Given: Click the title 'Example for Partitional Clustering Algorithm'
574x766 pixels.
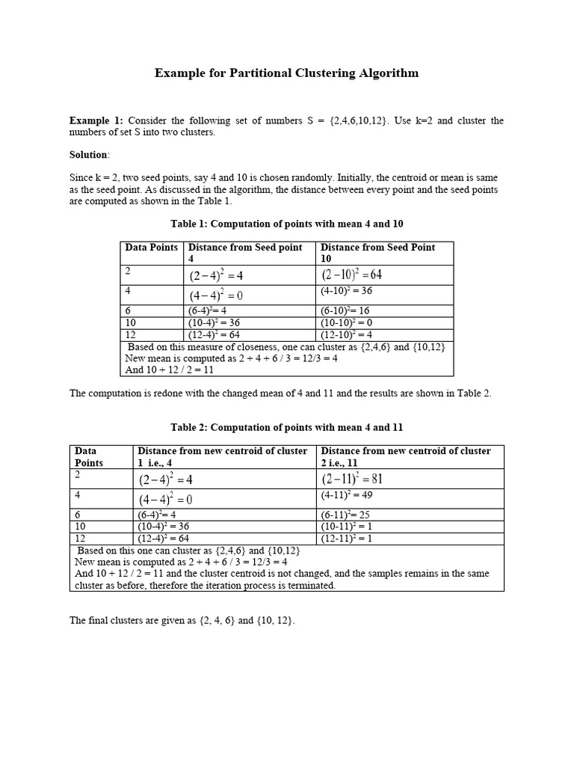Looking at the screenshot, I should [286, 73].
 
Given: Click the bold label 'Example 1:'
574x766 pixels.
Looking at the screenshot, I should [96, 120].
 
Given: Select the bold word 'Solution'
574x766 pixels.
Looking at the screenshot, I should [88, 154].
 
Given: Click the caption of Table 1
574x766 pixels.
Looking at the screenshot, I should [287, 224].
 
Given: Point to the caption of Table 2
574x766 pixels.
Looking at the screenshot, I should [286, 427].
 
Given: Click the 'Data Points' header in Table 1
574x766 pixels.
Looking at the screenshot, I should [151, 248].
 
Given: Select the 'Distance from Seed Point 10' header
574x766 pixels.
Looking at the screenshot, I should [377, 253].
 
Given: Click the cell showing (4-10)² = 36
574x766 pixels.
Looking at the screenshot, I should [346, 291].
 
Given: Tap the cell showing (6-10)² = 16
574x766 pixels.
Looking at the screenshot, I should [345, 310].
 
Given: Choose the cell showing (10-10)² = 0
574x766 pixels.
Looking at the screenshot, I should [347, 322].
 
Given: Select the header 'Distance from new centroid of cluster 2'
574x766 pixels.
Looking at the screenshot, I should [406, 456].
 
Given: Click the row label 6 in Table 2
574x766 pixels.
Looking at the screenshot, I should [78, 515].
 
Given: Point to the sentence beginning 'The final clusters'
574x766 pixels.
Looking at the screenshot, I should [182, 621].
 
